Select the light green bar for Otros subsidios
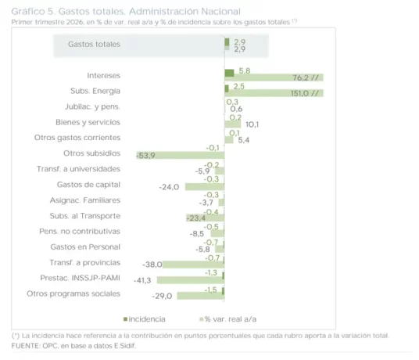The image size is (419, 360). [181, 156]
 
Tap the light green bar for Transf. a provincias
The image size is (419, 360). [193, 265]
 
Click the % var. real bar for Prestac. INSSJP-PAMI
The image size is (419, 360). [191, 280]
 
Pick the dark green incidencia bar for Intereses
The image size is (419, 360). [229, 73]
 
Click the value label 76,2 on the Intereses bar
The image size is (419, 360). [301, 77]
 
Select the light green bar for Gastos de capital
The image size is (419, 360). [205, 187]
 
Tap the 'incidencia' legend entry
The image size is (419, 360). [145, 319]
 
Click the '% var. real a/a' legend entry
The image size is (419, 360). [228, 319]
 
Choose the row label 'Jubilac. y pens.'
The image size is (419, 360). [92, 106]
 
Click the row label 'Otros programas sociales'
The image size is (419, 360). [73, 293]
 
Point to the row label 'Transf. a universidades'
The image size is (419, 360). [78, 169]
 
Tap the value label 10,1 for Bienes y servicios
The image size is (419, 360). [252, 124]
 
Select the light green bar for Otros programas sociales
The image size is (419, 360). [201, 296]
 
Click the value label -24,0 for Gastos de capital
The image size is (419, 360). [169, 187]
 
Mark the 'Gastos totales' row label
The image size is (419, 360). [94, 44]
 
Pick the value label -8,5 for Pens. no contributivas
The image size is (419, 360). [197, 234]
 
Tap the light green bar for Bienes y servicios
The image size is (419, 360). [233, 124]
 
